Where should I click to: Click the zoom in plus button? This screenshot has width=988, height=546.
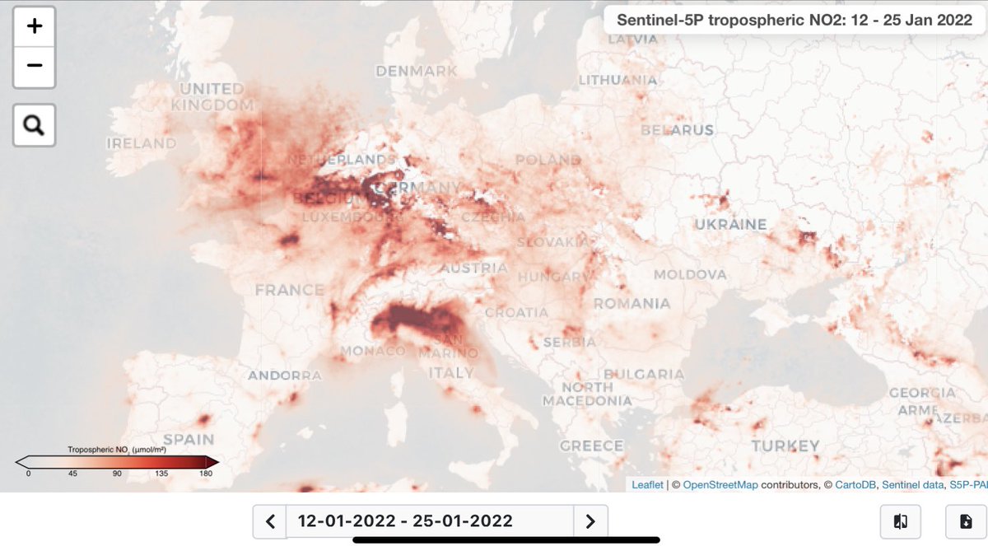click(x=34, y=26)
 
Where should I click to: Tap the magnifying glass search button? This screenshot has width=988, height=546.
click(x=34, y=125)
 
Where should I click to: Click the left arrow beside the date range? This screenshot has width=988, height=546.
click(x=269, y=520)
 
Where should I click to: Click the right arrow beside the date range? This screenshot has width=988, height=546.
click(x=590, y=520)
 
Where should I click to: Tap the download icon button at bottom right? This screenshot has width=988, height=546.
click(x=966, y=520)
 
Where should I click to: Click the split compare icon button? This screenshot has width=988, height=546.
click(x=900, y=520)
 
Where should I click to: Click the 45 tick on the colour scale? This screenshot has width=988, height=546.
click(x=72, y=473)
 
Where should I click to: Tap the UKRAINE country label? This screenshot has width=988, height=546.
click(x=729, y=224)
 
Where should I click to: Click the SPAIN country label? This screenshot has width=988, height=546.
click(x=189, y=439)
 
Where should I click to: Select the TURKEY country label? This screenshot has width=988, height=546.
click(x=785, y=446)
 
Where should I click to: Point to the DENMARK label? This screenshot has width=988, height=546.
click(x=416, y=71)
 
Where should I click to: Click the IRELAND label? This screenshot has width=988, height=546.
click(x=141, y=143)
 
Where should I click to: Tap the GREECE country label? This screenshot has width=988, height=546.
click(x=591, y=446)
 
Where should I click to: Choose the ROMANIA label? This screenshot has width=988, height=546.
click(x=631, y=303)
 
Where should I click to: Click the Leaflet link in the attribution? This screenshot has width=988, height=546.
click(x=647, y=485)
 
